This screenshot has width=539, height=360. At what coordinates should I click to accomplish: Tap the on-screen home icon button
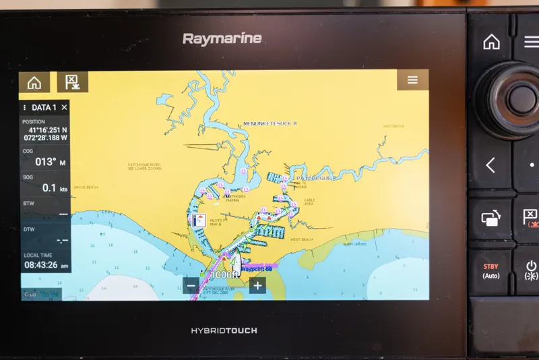(34, 82)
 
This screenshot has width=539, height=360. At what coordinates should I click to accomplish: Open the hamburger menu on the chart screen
(412, 80)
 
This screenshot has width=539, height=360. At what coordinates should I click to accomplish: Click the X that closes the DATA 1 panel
(64, 107)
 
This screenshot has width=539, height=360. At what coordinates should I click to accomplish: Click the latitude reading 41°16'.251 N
(48, 130)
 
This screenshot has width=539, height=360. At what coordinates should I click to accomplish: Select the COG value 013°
(45, 162)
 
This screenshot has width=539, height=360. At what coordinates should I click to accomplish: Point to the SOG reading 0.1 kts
(51, 188)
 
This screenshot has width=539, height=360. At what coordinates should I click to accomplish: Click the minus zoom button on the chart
(191, 285)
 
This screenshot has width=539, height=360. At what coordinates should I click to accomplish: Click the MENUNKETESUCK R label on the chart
(269, 124)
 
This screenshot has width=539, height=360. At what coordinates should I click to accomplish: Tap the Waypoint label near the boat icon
(256, 270)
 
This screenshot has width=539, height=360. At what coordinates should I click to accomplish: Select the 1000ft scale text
(224, 275)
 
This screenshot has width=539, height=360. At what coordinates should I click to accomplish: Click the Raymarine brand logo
(222, 39)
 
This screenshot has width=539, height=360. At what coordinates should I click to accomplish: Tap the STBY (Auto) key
(490, 271)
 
